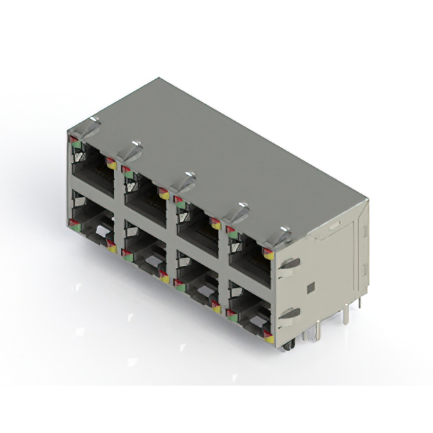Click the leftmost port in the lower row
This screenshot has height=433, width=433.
(x=91, y=227)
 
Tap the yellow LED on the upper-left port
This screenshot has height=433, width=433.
(x=111, y=164)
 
